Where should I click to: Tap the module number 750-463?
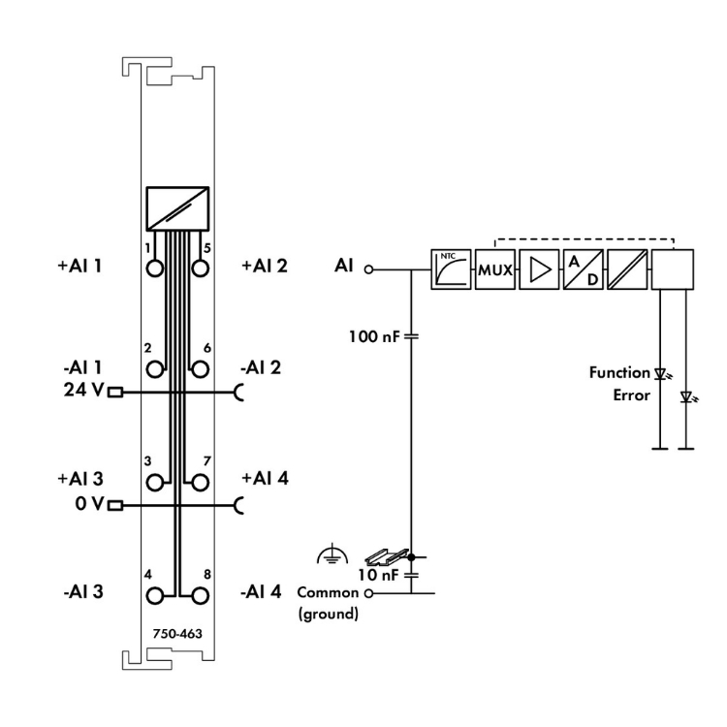[x=177, y=632]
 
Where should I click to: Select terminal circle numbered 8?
[x=201, y=594]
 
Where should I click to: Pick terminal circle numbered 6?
[x=201, y=368]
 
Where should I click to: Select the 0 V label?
[x=86, y=504]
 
